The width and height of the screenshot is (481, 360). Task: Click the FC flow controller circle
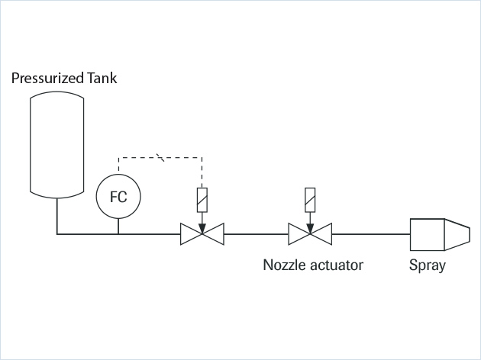pyautogui.click(x=118, y=197)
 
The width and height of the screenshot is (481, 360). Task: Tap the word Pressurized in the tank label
pyautogui.click(x=47, y=78)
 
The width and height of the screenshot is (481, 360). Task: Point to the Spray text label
pyautogui.click(x=428, y=266)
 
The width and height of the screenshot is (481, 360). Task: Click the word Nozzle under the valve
pyautogui.click(x=284, y=266)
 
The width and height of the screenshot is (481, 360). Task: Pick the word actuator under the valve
pyautogui.click(x=336, y=266)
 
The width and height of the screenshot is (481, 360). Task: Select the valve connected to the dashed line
pyautogui.click(x=201, y=234)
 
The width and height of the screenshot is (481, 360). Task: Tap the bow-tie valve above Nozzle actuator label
pyautogui.click(x=309, y=234)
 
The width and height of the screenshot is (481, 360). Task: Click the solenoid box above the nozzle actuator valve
pyautogui.click(x=309, y=199)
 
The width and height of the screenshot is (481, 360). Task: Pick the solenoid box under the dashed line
pyautogui.click(x=201, y=199)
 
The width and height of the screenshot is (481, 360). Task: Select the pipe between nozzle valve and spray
pyautogui.click(x=370, y=234)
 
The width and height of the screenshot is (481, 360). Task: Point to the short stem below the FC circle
pyautogui.click(x=118, y=227)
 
